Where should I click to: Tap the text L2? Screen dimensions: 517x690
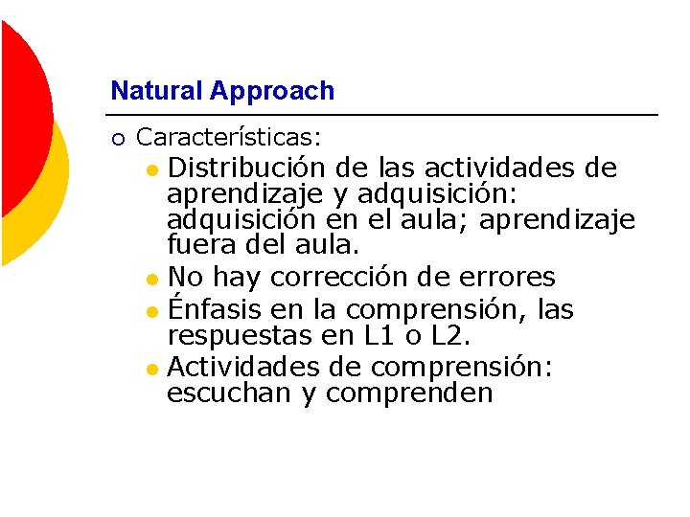click(x=448, y=335)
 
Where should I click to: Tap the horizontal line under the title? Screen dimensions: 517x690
click(x=383, y=116)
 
